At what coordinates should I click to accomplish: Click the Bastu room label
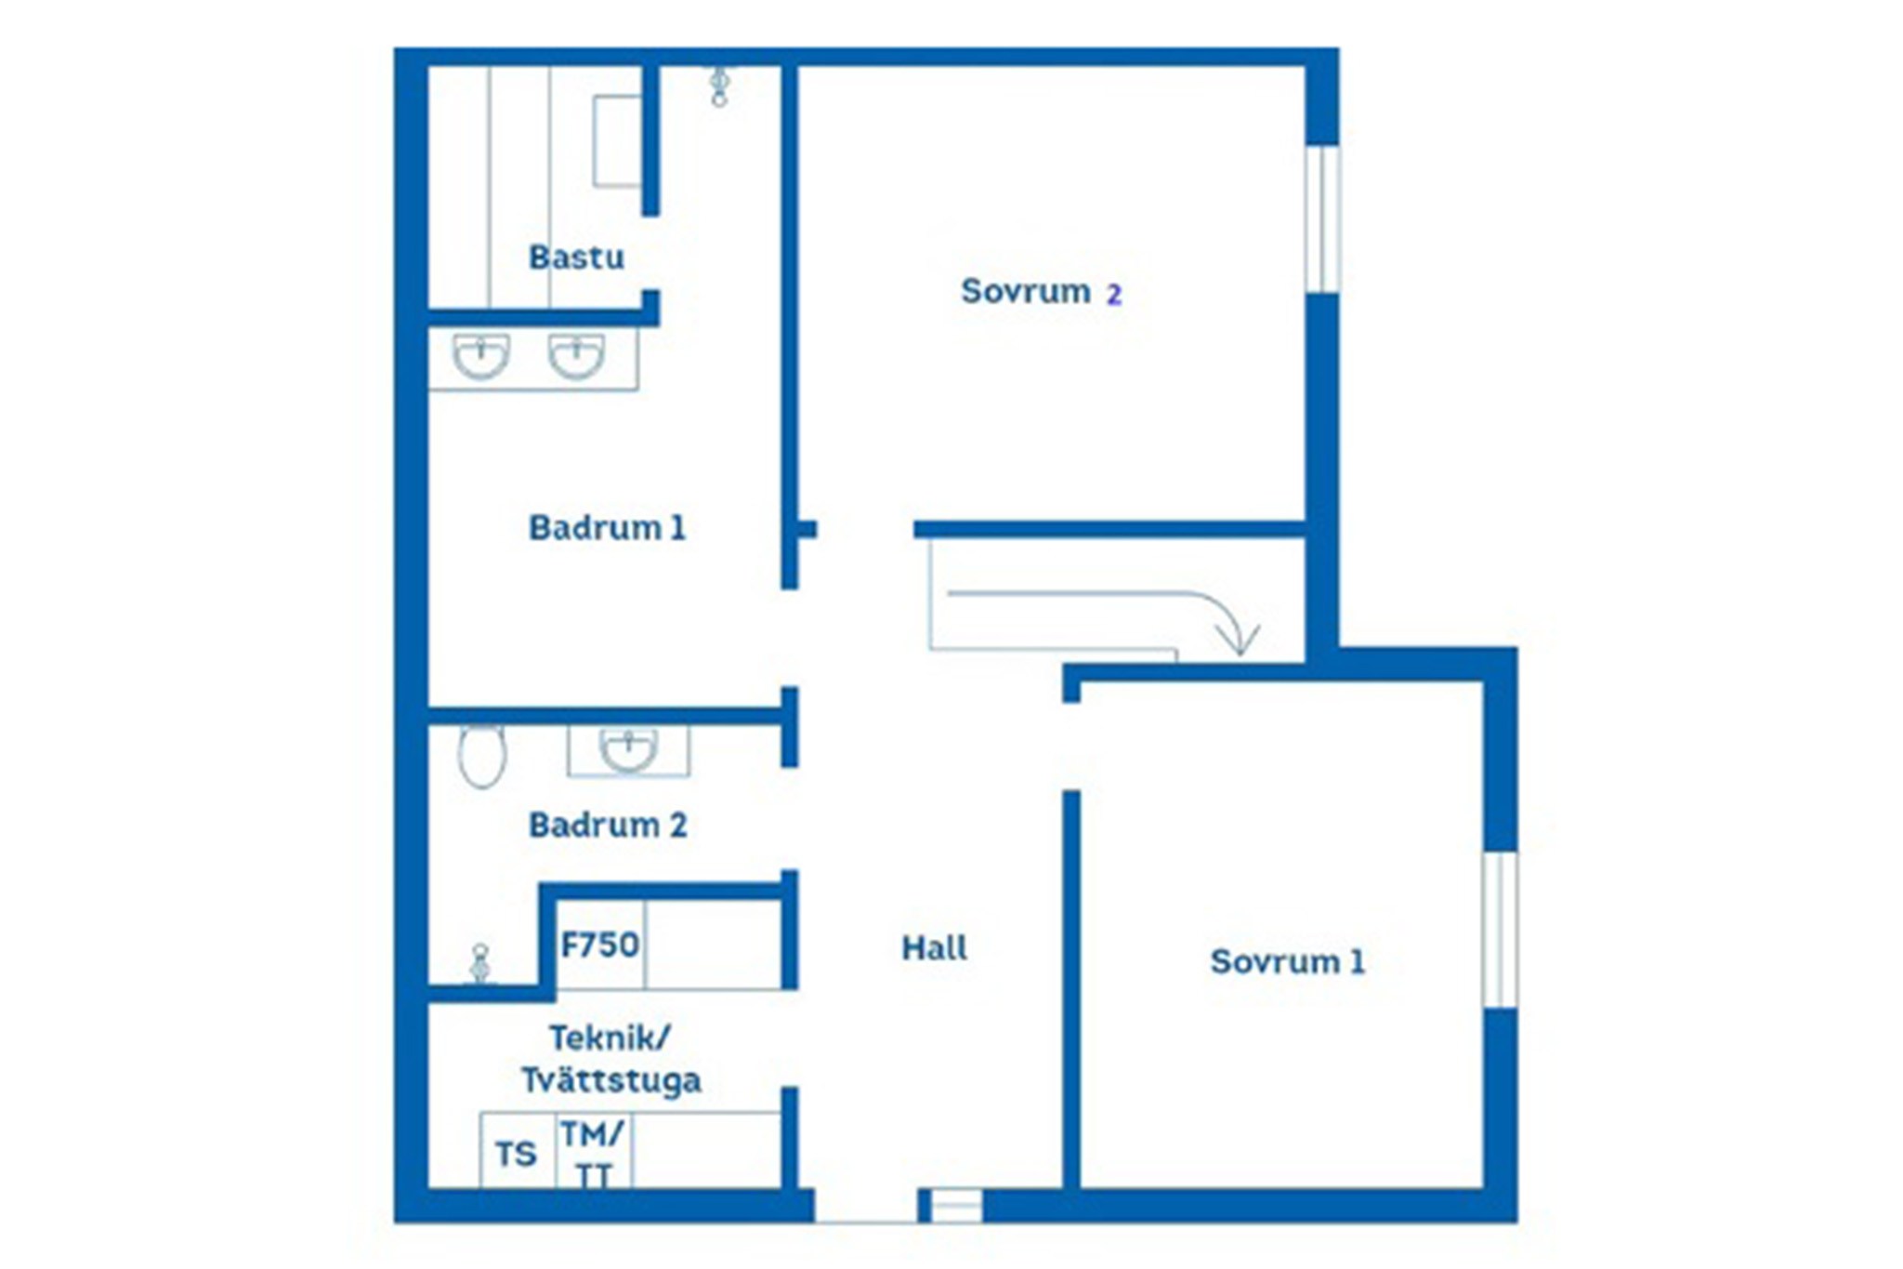(x=576, y=258)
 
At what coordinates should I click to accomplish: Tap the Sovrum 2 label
(x=1042, y=292)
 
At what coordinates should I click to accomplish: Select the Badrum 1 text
(x=608, y=528)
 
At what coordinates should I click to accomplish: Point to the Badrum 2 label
(x=608, y=825)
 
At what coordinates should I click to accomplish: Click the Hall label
(x=934, y=948)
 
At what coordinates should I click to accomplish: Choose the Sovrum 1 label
(x=1288, y=961)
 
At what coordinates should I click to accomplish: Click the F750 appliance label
(x=599, y=945)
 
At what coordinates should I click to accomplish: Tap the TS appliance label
(x=516, y=1155)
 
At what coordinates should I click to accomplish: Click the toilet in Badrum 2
(x=482, y=756)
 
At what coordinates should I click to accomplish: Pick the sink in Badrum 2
(x=629, y=749)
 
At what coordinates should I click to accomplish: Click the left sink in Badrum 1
(x=481, y=356)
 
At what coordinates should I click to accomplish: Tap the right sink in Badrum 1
(x=576, y=356)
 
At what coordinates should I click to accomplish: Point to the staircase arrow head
(x=1239, y=638)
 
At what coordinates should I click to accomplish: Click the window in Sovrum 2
(x=1322, y=219)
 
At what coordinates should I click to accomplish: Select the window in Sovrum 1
(x=1500, y=930)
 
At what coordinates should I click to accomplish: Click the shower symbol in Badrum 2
(x=479, y=963)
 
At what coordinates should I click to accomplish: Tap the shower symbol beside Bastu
(x=719, y=87)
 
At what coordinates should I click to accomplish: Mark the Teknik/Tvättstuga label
(x=610, y=1059)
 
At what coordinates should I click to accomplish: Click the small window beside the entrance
(x=957, y=1206)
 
